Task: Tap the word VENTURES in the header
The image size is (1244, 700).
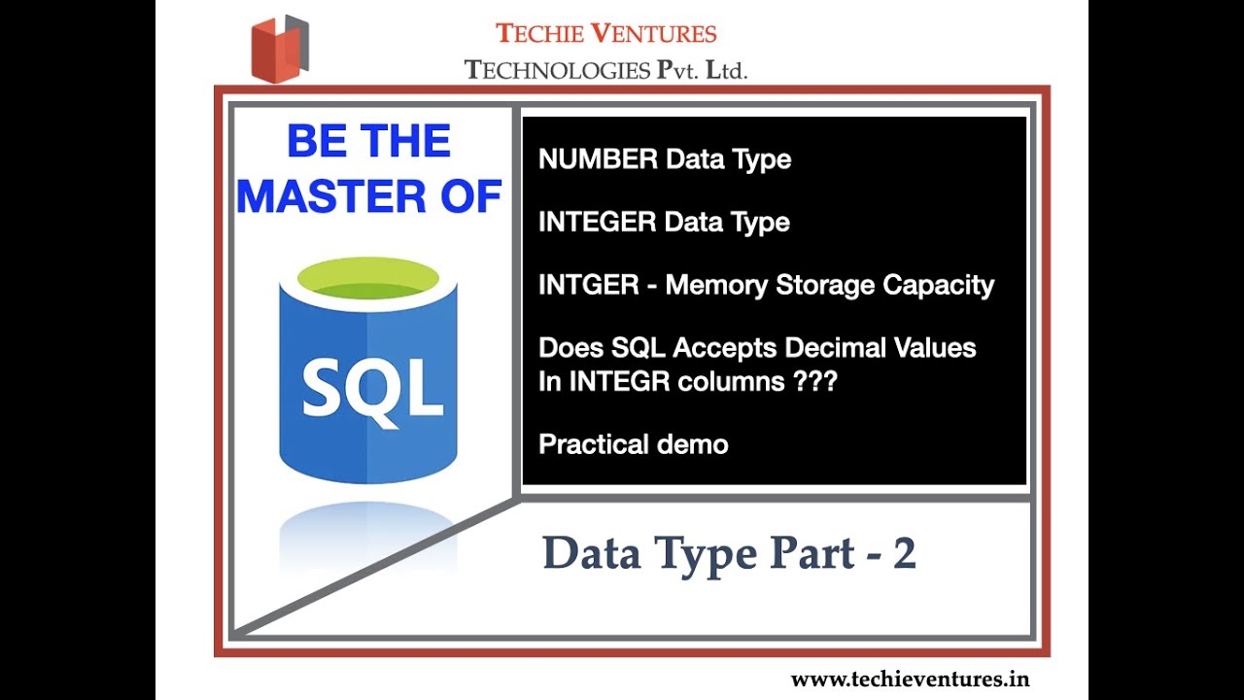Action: click(x=654, y=33)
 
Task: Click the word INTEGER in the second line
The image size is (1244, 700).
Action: click(x=597, y=223)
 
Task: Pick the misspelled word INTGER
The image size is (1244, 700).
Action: click(x=588, y=286)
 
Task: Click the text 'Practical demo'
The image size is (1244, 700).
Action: click(x=633, y=444)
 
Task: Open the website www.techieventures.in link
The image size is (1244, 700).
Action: click(x=910, y=679)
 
